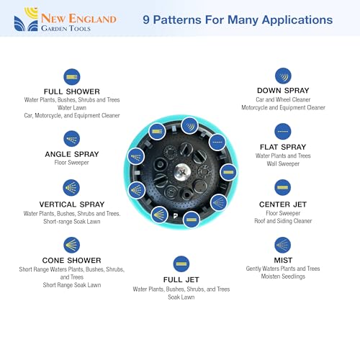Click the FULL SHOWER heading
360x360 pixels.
(x=72, y=91)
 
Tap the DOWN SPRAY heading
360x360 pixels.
(x=283, y=91)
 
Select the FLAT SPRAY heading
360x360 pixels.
(x=283, y=147)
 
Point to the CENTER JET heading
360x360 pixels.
(x=283, y=204)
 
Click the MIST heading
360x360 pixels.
(x=283, y=260)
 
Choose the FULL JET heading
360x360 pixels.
(x=181, y=279)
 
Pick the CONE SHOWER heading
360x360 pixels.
(x=71, y=261)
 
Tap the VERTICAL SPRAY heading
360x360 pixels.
(x=72, y=204)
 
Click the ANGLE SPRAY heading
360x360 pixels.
(x=72, y=154)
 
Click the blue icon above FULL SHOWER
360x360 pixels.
(x=72, y=77)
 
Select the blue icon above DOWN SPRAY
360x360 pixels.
(x=283, y=76)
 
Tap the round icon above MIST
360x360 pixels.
(x=283, y=245)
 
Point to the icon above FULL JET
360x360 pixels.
(x=181, y=264)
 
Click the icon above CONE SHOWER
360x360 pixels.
(x=71, y=245)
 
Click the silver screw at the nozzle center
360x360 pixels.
(x=182, y=171)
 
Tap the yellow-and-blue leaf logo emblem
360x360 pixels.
(x=26, y=19)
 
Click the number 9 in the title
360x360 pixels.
(x=146, y=20)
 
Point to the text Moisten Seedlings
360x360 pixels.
(x=283, y=276)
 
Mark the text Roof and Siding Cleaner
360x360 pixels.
(x=283, y=221)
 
